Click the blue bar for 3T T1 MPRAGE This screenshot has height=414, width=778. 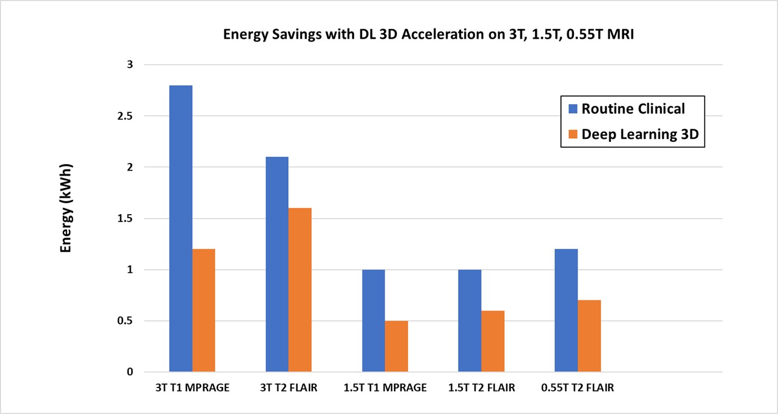coord(181,229)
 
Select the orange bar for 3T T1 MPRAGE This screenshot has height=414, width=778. coord(204,310)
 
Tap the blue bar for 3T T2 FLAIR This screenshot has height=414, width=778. coord(277,264)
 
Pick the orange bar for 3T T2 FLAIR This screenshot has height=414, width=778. coord(300,290)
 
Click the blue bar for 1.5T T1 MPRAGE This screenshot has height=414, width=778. coord(373,320)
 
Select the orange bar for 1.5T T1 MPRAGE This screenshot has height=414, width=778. coord(396,346)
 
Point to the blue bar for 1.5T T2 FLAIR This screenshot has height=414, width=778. coord(470,320)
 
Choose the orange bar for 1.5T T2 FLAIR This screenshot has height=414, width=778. coord(493,341)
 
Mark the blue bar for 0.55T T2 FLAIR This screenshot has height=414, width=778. coord(566,310)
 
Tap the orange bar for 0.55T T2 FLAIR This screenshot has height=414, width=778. coord(589,336)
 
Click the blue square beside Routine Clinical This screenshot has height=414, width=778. coord(573,109)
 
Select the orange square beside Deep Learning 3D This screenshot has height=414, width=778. coord(573,134)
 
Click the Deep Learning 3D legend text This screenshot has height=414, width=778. coord(640,135)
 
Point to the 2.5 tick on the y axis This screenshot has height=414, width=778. coord(125,116)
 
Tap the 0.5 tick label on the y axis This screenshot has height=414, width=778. coord(125,320)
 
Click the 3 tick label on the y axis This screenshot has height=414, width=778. coord(130,65)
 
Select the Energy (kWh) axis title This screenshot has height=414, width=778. coord(66,208)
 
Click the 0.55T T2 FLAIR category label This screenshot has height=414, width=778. coord(577,388)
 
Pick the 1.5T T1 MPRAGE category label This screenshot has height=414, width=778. coord(385,388)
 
